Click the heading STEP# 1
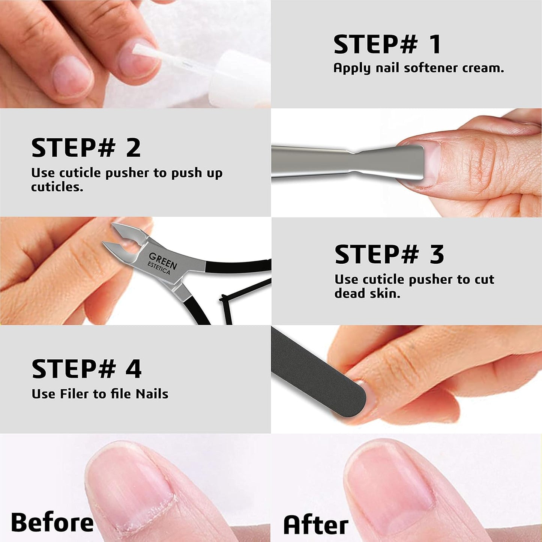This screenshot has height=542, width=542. [x=387, y=44]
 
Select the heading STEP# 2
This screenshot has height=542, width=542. [x=86, y=148]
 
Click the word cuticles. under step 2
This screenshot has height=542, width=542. [x=57, y=187]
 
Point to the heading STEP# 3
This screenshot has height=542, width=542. [x=389, y=254]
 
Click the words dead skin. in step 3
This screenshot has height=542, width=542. [x=367, y=293]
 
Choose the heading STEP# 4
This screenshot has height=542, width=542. [x=86, y=369]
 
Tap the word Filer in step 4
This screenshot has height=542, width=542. [x=75, y=394]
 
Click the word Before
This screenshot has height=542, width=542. [x=52, y=522]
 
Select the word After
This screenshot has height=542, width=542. [x=316, y=524]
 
